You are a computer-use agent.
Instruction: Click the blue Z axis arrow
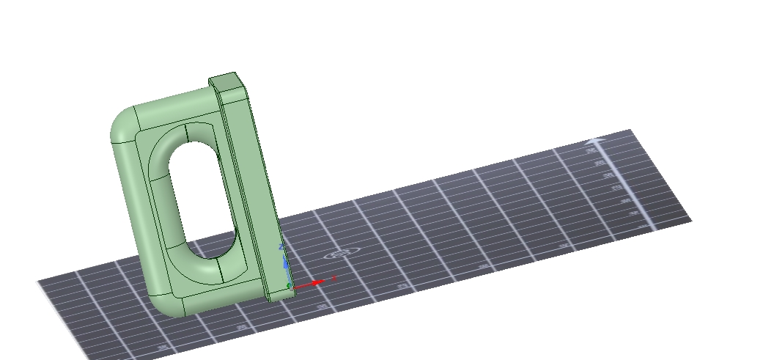point(284,260)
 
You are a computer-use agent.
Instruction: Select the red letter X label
point(334,279)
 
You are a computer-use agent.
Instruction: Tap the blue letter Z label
point(281,240)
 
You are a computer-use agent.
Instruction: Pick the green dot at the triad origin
point(289,285)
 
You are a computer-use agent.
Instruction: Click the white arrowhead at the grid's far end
point(596,140)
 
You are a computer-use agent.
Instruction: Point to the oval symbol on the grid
point(339,254)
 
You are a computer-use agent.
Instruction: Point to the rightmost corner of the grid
point(690,219)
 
